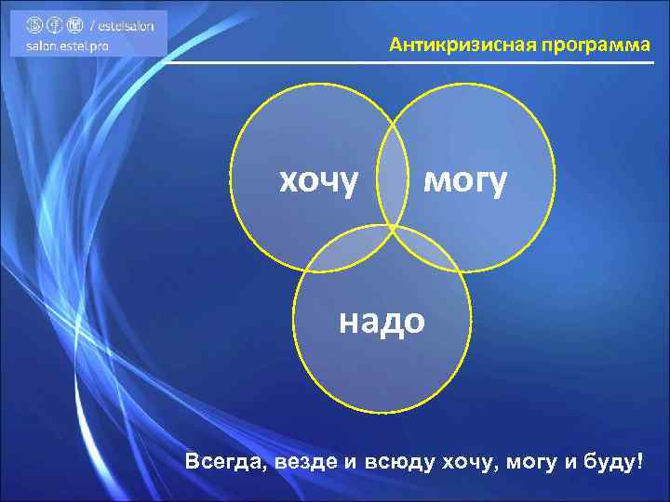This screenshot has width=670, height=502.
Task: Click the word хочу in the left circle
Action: point(319,181)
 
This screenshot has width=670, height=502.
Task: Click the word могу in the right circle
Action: point(465,181)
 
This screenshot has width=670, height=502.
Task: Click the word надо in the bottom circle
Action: point(382,321)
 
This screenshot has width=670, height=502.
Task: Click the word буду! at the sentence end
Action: point(613,462)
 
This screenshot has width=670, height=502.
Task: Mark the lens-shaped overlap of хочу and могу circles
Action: point(392,167)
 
